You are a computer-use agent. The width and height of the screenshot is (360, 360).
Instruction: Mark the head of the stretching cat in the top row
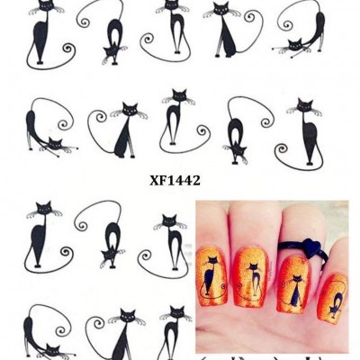294,45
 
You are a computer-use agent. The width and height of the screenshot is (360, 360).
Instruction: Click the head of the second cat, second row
131,111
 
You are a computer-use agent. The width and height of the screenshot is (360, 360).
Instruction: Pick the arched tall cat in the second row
175,117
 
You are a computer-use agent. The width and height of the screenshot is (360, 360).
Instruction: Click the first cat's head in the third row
42,210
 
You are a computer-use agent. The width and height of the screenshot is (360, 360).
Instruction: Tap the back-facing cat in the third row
112,243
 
